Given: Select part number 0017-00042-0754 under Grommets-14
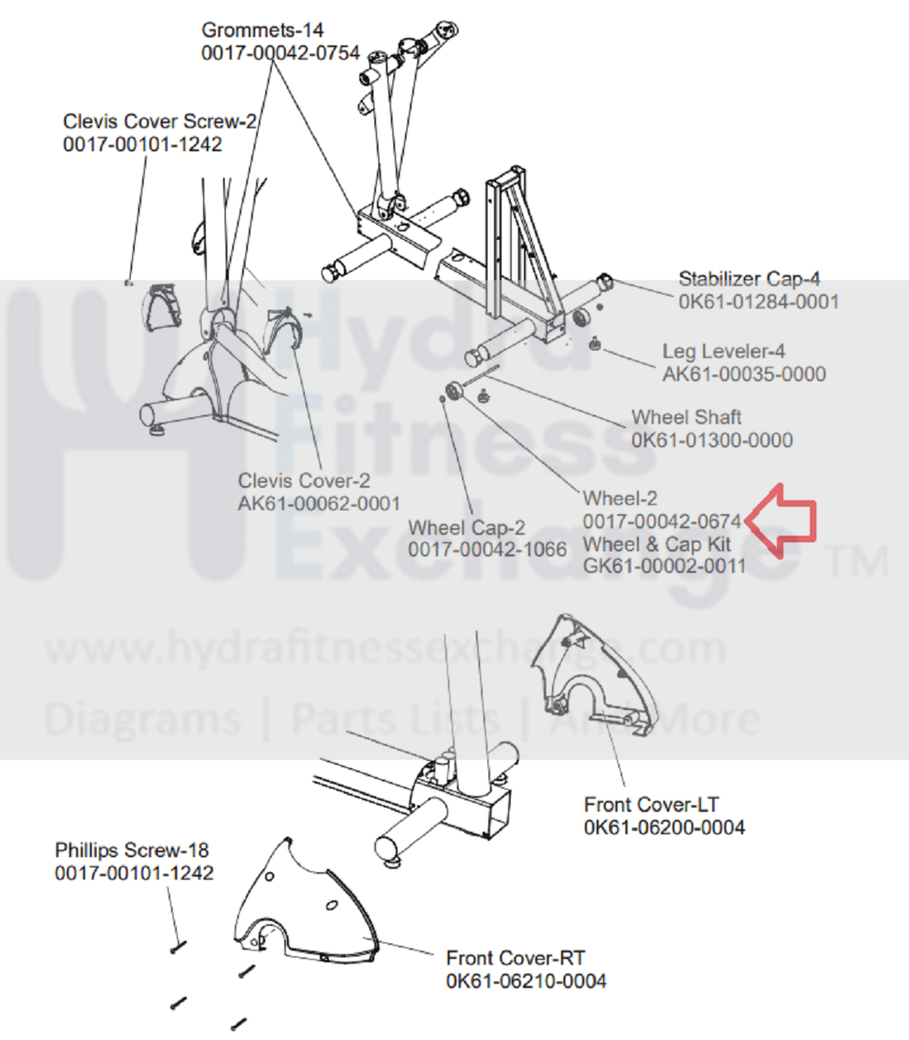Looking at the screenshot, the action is coord(280,53).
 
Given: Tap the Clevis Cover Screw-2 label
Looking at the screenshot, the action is coord(160,122).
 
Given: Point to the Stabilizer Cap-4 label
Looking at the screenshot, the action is coord(749,279).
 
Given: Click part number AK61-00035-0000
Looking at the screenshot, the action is coord(744,375).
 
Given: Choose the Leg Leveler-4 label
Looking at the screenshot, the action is coord(723,352).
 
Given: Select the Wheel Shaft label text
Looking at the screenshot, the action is coord(686,417).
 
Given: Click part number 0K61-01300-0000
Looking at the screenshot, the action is coord(711,440).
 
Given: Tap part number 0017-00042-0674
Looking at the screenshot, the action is coord(662,522).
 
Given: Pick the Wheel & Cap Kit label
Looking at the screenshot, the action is coord(657,544).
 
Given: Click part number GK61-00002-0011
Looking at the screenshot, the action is coord(664,567).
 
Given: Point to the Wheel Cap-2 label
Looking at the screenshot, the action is coord(466,528).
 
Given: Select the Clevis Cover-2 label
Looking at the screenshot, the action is coord(304,481).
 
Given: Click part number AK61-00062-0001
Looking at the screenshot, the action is coord(318,504).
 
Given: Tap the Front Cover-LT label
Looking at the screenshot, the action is coord(651,804).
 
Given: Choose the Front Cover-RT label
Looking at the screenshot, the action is coord(515,958).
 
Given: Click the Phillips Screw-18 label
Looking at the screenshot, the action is coord(132,851).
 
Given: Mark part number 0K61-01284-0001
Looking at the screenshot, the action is coord(758,302).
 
